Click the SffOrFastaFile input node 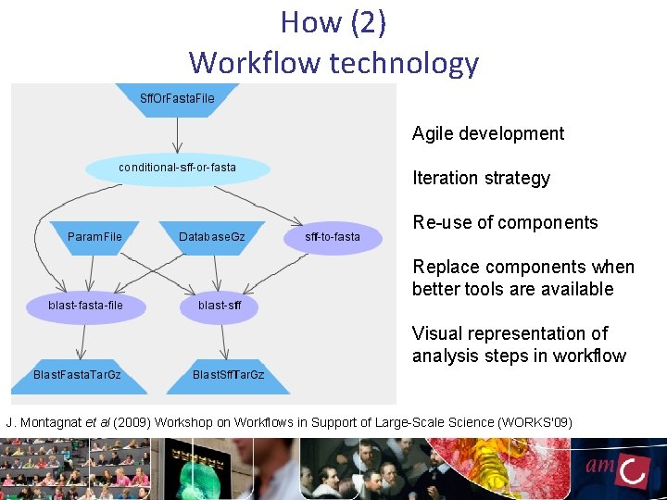[x=177, y=99]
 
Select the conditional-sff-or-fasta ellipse [x=178, y=169]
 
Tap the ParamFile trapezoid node [x=94, y=237]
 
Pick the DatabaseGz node [x=212, y=237]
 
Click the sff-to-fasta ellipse [x=333, y=237]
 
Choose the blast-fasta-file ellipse [x=85, y=306]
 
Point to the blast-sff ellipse [x=220, y=306]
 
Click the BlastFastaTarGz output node [x=77, y=374]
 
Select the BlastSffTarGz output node [x=228, y=374]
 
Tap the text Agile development [x=487, y=133]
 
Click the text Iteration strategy [x=481, y=178]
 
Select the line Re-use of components [x=505, y=222]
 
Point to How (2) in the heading [x=333, y=22]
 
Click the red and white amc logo [x=617, y=469]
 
